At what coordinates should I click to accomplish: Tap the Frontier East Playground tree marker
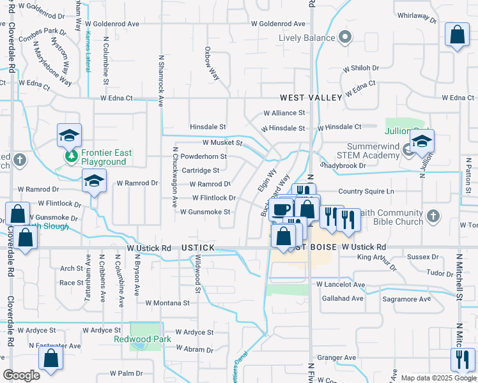70,156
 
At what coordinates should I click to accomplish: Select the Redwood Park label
143,339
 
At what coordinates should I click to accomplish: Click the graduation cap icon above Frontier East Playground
70,135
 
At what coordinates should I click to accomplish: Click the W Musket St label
222,143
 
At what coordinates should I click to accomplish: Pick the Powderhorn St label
203,156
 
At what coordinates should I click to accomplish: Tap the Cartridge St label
200,170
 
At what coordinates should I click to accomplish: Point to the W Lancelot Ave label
340,284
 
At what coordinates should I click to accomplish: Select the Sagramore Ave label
407,299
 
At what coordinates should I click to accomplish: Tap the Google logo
22,375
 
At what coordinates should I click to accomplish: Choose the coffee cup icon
281,209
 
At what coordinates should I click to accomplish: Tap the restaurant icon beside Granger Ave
461,359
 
